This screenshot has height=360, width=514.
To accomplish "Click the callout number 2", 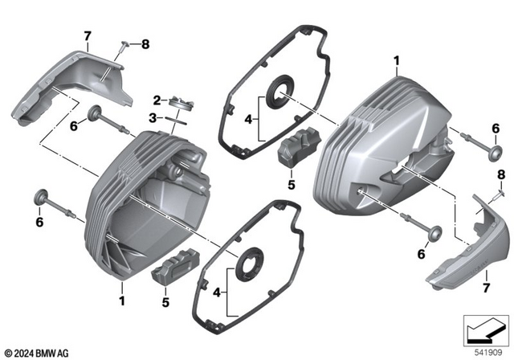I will [x=159, y=99].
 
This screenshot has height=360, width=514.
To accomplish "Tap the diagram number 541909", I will [x=485, y=351].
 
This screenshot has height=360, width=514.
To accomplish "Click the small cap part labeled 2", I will [x=182, y=102].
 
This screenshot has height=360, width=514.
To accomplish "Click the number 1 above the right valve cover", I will [x=397, y=60].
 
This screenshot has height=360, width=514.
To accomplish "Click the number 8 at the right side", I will [x=500, y=174].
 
